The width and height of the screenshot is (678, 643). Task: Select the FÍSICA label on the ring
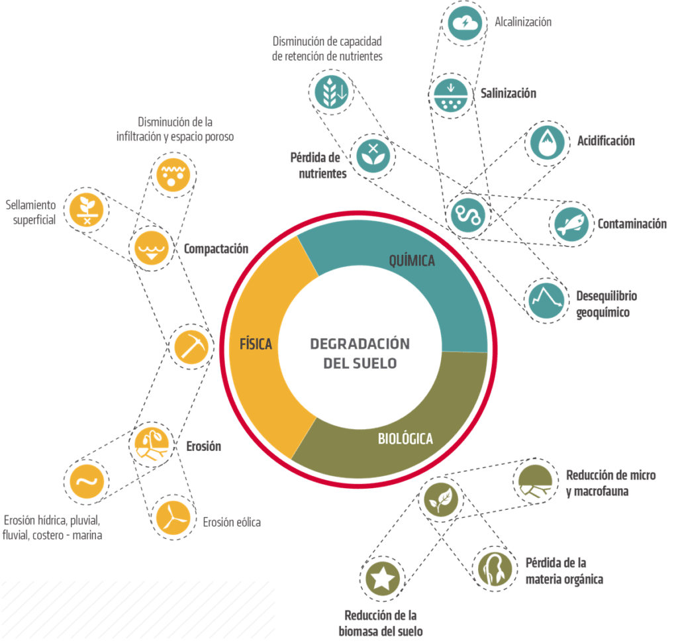[256, 344]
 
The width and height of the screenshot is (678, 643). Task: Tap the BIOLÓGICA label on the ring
[405, 438]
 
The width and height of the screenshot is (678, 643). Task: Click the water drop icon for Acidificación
[548, 142]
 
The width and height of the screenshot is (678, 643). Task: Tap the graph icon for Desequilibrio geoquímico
[547, 298]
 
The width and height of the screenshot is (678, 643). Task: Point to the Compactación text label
[216, 249]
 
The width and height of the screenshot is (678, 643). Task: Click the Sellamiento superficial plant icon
[87, 208]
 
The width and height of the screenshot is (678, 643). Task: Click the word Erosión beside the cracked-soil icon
[203, 446]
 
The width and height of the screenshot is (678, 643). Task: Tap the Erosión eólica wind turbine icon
[173, 515]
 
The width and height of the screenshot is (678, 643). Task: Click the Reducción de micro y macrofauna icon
[535, 481]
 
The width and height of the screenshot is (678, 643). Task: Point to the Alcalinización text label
[523, 23]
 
